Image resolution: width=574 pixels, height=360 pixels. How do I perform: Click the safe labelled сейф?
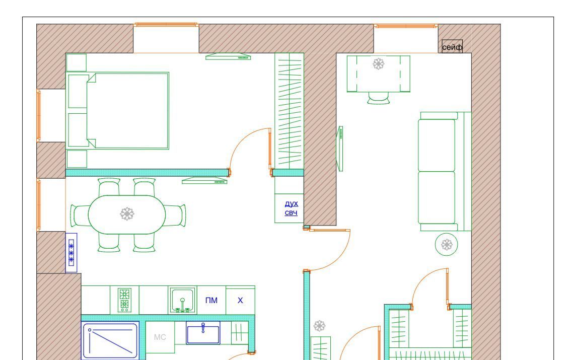pyautogui.click(x=452, y=46)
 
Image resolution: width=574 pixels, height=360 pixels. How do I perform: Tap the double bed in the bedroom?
pyautogui.click(x=117, y=111)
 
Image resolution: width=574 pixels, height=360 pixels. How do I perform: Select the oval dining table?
pyautogui.click(x=127, y=214)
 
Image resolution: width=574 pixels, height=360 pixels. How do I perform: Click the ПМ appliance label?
pyautogui.click(x=211, y=300)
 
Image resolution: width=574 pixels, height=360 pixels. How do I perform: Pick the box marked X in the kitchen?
pyautogui.click(x=241, y=300)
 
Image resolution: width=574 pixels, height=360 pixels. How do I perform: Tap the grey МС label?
pyautogui.click(x=160, y=337)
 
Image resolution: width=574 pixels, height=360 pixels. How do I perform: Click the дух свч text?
pyautogui.click(x=292, y=208)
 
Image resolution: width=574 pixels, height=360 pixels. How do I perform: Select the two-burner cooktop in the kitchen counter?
pyautogui.click(x=124, y=300)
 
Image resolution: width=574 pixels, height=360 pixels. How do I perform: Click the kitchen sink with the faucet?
pyautogui.click(x=182, y=300)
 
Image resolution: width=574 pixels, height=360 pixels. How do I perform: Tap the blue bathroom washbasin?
pyautogui.click(x=203, y=333)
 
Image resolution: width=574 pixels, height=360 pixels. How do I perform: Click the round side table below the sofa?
pyautogui.click(x=446, y=245)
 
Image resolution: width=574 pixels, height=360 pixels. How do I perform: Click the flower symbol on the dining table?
pyautogui.click(x=127, y=214)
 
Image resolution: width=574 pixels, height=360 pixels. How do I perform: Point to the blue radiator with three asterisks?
pyautogui.click(x=71, y=253)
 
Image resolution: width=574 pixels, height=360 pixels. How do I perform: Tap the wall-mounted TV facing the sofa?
pyautogui.click(x=340, y=149)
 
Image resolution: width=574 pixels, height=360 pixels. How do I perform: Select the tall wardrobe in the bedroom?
pyautogui.click(x=289, y=111)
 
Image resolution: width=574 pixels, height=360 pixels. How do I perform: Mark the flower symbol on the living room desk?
pyautogui.click(x=379, y=64)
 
